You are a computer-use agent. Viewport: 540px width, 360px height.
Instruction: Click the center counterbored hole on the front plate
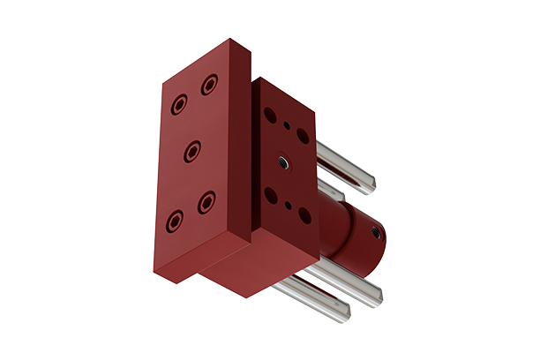tap(192, 154)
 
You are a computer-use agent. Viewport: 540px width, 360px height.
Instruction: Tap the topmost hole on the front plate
tap(210, 85)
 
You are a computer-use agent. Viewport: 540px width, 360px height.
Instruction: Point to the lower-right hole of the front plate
tap(206, 202)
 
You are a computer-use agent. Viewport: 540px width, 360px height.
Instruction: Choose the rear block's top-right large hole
tap(303, 136)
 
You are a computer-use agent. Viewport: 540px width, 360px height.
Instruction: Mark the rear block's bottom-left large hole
tap(271, 196)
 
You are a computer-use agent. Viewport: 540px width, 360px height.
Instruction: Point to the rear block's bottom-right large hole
tap(304, 215)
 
